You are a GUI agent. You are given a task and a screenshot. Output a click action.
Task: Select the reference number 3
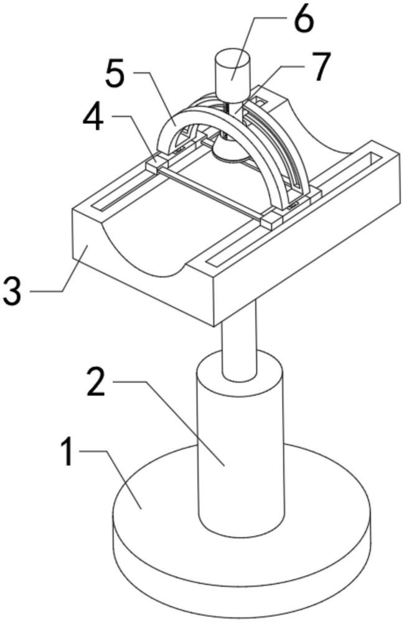pos(12,291)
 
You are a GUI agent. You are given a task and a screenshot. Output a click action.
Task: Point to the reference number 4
pos(94,117)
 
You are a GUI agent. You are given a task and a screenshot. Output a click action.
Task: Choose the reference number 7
pos(320,67)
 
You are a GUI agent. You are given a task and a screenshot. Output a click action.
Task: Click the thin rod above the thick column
pos(239,341)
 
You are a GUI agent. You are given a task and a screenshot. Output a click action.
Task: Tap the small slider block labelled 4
pos(157,164)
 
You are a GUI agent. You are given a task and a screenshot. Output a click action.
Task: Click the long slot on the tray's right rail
pos(297,210)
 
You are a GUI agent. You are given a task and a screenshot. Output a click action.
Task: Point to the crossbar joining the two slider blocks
pos(210,193)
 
